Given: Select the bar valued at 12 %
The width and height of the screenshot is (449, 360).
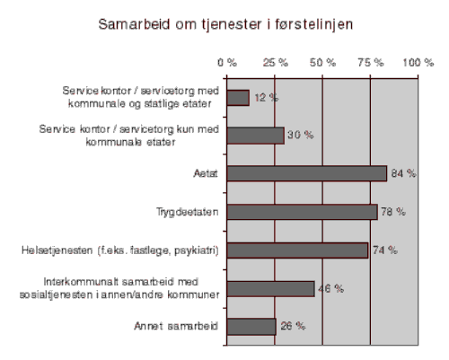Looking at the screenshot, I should coord(238,97).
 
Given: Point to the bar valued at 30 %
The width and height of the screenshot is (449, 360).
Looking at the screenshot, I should coord(255,136).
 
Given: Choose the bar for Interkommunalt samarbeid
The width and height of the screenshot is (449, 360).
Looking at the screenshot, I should coord(270,288).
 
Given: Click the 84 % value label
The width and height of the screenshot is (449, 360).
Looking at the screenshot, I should coord(403,173).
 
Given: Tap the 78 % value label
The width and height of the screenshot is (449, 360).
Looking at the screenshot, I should coord(393,212).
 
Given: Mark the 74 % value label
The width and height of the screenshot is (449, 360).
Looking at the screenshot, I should coord(385,250).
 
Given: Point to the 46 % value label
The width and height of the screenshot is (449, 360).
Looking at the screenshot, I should coord(330,288).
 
